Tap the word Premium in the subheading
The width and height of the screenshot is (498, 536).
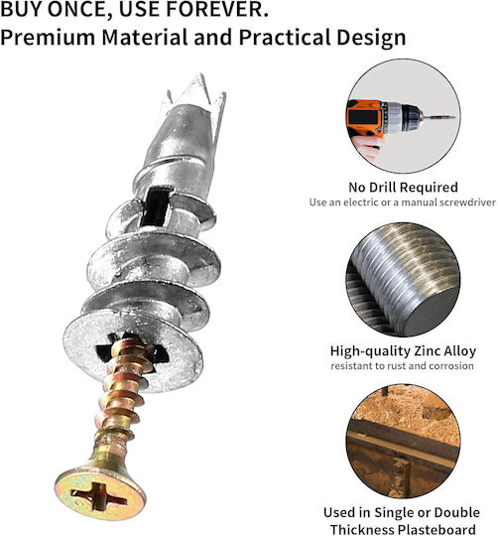pos(48,37)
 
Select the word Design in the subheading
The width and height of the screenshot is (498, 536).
pos(371,38)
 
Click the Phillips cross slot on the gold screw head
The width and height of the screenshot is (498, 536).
pos(99,495)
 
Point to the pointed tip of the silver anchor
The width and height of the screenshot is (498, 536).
pos(201,75)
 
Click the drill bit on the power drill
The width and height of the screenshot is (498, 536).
pos(439,117)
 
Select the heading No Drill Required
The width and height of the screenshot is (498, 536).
pos(403,188)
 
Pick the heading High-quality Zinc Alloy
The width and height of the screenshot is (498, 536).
pos(403,351)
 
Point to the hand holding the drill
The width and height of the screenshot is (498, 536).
pos(367,147)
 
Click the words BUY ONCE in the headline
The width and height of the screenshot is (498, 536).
pos(56,9)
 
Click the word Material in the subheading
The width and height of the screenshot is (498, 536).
pos(145,37)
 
